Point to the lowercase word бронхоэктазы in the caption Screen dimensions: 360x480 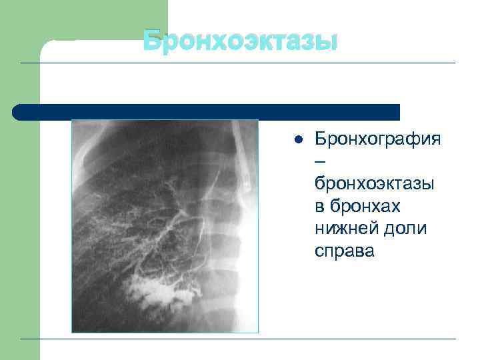pyautogui.click(x=373, y=184)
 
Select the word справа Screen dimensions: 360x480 pyautogui.click(x=345, y=251)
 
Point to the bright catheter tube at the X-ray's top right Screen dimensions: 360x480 pyautogui.click(x=243, y=153)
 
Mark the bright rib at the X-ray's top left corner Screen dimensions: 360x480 pyautogui.click(x=83, y=143)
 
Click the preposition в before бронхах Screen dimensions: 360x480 pyautogui.click(x=320, y=207)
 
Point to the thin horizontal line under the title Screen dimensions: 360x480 pyautogui.click(x=267, y=63)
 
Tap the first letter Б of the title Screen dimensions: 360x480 pyautogui.click(x=152, y=41)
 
